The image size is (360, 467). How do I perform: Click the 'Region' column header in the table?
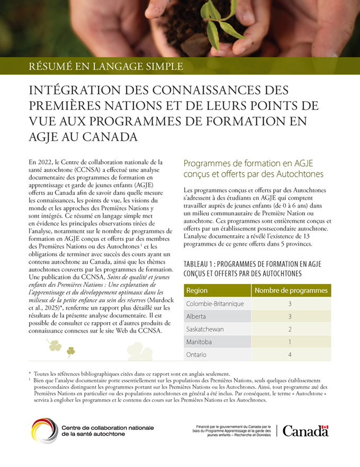tap(197, 291)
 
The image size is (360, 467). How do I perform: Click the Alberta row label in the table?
tap(196, 317)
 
